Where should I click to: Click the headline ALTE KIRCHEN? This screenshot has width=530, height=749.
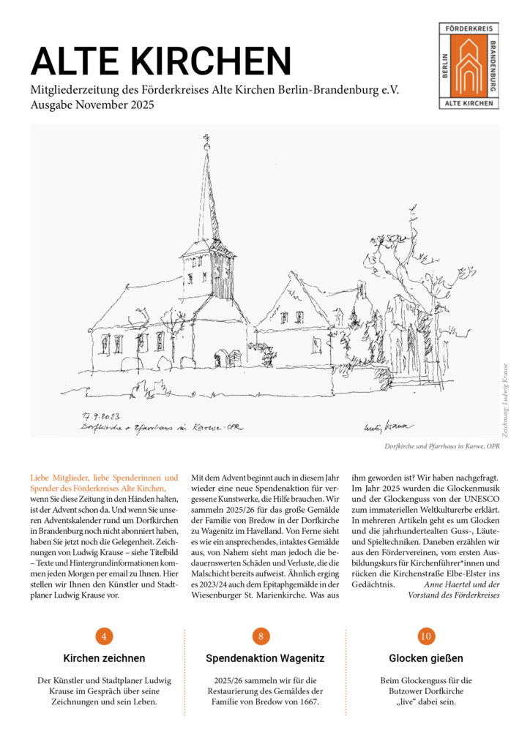(x=160, y=61)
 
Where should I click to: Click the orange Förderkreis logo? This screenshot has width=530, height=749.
(x=469, y=66)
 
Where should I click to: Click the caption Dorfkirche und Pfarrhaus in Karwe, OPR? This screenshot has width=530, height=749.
(x=442, y=445)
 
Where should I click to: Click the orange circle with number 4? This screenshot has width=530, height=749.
(x=104, y=636)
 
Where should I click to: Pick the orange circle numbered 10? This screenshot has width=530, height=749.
(x=426, y=636)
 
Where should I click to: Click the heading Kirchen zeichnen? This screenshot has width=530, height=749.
(x=104, y=658)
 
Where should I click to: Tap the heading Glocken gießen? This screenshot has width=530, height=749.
(x=426, y=658)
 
